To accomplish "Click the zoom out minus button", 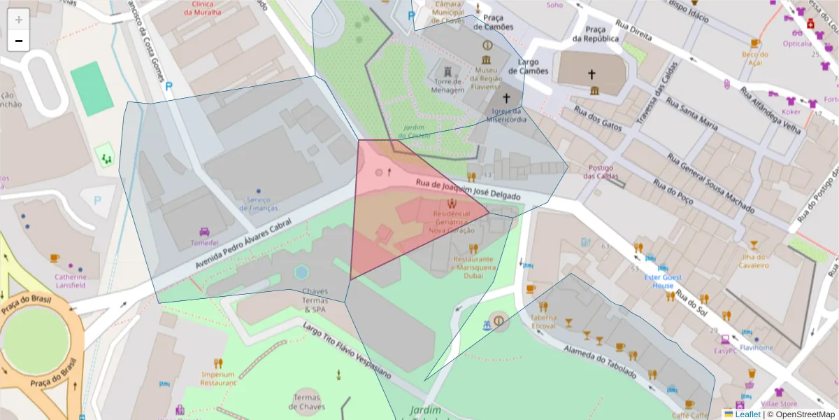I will pos(19,41).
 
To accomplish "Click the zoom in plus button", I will pos(19,20).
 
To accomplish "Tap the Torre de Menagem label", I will pos(447,86).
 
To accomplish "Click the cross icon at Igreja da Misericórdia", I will pos(506,98).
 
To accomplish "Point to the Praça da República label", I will pos(595,34).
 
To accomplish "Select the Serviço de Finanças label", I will pos(258,204).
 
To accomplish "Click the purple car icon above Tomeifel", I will pos(205,232).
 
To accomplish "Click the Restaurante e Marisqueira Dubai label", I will pos(473,267).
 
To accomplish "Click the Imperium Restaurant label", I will pos(218,378).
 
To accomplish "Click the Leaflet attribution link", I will pos(747,414).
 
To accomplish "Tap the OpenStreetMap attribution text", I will pos(800,414).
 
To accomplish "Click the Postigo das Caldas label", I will pos(601,171).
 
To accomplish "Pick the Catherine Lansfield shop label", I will pos(71,281).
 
